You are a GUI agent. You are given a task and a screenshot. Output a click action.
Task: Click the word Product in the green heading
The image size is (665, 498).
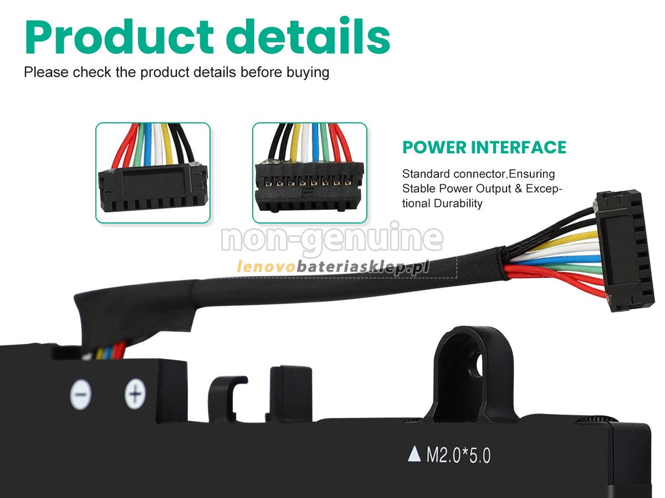[119, 37]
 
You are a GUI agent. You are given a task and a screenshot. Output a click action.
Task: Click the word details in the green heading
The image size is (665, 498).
[308, 35]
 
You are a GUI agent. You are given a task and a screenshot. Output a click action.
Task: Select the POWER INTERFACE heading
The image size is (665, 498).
[484, 148]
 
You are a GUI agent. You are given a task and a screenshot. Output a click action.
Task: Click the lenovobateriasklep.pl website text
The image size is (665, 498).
[332, 267]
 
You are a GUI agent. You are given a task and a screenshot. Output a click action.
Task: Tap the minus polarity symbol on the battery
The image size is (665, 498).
[80, 395]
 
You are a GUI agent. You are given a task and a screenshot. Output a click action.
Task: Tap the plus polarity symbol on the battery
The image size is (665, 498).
[135, 393]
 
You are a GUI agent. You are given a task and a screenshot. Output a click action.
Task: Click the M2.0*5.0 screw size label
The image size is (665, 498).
[458, 455]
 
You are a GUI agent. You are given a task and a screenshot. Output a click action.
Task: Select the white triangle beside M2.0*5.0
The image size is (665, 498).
[414, 454]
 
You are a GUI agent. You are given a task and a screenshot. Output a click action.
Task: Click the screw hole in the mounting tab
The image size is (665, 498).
[480, 366]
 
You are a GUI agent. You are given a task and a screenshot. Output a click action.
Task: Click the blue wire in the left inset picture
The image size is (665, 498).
[148, 144]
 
